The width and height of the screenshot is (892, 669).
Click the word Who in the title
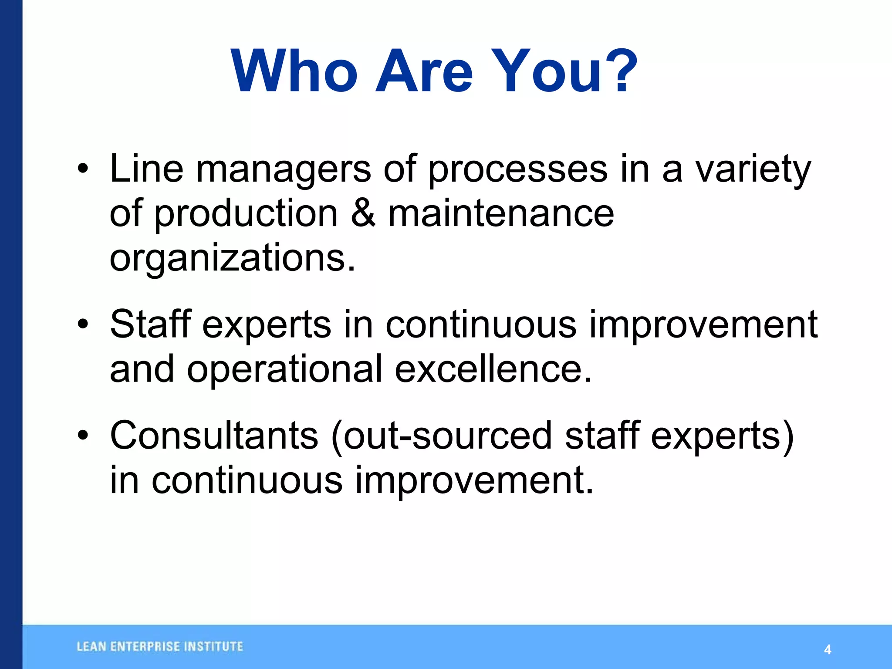(294, 71)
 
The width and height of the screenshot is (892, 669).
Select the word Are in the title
(424, 71)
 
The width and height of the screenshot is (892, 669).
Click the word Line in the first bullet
(146, 169)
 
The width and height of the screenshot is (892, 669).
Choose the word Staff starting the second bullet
(151, 324)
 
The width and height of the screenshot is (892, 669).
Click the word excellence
(493, 369)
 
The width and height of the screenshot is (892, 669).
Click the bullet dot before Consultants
(83, 436)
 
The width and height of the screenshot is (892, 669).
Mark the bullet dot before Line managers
(83, 169)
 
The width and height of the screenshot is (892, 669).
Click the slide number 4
(828, 650)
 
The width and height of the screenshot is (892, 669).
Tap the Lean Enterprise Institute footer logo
(160, 647)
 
